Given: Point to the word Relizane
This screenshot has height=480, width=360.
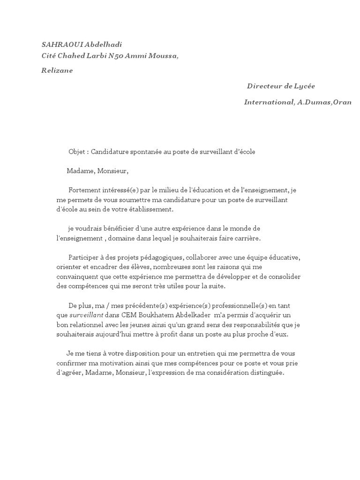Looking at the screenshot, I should click(x=58, y=71).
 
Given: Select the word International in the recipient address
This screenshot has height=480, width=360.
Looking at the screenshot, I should click(x=269, y=102).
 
